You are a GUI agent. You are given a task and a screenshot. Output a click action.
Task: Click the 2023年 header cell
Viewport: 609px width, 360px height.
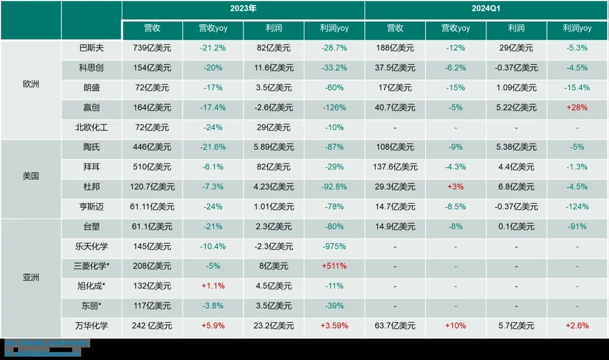point(243,9)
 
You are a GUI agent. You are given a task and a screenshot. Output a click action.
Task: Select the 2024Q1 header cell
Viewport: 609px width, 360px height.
point(486,9)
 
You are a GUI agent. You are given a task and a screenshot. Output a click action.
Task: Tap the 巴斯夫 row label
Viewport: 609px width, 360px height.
point(91,48)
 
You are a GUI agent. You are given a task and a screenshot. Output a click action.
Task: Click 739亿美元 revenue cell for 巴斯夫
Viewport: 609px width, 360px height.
point(152,48)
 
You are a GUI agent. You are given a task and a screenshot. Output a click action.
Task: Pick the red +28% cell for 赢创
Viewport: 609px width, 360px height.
point(577,108)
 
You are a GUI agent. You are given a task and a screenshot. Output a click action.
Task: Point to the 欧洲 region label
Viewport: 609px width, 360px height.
point(30,87)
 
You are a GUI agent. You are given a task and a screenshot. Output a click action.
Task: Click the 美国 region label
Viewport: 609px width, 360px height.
point(30,176)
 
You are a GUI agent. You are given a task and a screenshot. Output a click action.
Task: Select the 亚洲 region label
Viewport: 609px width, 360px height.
point(30,278)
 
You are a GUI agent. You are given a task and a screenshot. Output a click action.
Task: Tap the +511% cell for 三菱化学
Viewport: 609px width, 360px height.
point(334,266)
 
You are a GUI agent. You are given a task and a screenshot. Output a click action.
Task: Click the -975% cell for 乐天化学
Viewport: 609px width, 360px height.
point(334,247)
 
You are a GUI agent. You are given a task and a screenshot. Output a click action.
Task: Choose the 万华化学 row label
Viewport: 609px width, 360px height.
point(91,326)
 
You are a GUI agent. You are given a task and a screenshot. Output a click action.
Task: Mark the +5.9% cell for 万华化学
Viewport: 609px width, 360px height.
point(213,326)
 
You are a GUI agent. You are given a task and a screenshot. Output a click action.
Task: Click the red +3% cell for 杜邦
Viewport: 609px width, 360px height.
point(455,187)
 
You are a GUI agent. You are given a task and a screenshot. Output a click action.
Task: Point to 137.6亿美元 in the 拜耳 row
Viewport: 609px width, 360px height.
point(395,167)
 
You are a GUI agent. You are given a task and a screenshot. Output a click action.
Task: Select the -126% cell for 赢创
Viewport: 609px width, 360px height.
point(334,108)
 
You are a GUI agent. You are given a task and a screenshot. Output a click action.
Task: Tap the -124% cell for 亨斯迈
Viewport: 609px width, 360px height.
point(577,207)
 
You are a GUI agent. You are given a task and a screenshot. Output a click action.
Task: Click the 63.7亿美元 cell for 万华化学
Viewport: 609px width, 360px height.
point(395,326)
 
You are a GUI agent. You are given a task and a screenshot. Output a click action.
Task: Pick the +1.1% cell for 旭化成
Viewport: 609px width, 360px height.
point(213,286)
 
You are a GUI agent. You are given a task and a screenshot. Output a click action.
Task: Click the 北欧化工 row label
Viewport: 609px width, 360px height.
point(91,128)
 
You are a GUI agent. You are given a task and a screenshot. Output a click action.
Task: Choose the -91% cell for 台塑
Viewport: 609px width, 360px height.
point(577,227)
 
